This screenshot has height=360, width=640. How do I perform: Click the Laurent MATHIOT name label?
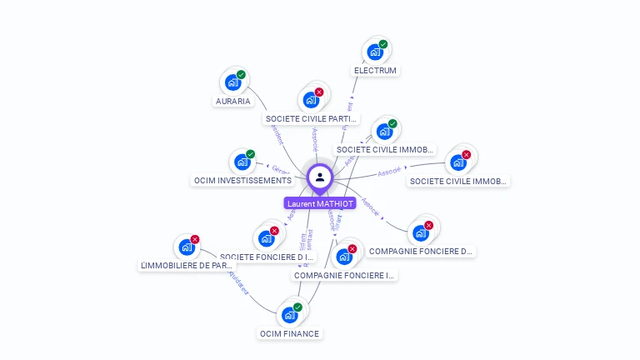click(320, 203)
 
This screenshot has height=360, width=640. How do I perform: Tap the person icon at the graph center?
click(320, 177)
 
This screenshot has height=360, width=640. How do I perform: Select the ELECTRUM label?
click(375, 71)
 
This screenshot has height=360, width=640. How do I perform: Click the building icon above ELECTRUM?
click(376, 52)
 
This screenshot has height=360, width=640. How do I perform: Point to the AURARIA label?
click(232, 101)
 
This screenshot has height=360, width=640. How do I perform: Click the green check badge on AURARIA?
click(241, 75)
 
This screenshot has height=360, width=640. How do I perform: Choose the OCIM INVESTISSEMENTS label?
click(242, 180)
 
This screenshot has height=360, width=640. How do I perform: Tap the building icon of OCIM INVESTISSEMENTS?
click(242, 162)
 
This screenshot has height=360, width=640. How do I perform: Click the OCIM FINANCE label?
click(289, 333)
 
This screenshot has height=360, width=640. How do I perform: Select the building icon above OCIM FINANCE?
click(289, 315)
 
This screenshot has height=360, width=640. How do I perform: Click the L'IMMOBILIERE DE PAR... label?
click(187, 265)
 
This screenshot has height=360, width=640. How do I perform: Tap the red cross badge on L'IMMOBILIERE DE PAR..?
click(195, 239)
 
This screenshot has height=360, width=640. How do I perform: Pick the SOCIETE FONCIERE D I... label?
click(267, 257)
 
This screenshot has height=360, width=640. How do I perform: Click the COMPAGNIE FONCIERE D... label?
click(421, 250)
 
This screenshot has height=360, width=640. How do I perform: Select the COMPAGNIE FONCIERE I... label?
click(344, 275)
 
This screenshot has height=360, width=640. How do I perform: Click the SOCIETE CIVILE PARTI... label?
click(311, 119)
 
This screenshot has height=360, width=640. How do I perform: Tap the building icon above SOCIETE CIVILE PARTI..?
click(311, 101)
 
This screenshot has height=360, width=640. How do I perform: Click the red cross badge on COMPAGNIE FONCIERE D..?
click(429, 225)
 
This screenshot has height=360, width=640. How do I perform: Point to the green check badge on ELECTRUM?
click(383, 44)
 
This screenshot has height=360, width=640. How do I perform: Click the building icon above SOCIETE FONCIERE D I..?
click(267, 238)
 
